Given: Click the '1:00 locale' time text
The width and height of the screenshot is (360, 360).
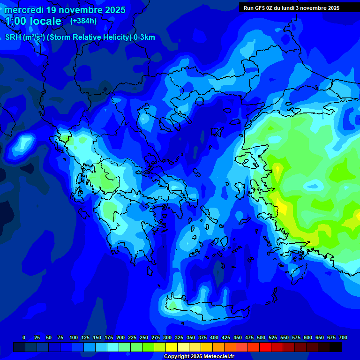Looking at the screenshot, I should (x=33, y=21).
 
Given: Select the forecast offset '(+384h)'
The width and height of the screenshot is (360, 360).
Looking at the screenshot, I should (x=83, y=21).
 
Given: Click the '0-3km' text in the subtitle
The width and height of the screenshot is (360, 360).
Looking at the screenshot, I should (x=144, y=37).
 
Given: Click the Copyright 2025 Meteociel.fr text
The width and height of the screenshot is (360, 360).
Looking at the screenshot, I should (x=199, y=357).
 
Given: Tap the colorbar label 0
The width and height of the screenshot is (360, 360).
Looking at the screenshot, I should (x=24, y=337).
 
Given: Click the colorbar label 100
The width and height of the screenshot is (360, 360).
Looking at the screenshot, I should (x=73, y=337).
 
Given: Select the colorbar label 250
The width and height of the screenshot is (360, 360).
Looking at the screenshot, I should (x=144, y=337).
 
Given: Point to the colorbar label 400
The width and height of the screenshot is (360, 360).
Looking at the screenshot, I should (x=214, y=337).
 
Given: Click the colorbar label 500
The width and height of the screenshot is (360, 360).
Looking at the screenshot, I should (x=261, y=337).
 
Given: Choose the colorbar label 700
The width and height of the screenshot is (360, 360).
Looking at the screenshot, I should (x=343, y=337).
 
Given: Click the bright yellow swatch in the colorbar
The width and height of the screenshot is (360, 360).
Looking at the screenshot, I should (x=171, y=347).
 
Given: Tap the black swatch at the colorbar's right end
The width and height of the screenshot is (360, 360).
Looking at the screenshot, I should (x=335, y=347).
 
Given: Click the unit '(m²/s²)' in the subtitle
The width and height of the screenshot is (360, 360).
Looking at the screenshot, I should (x=33, y=37).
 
